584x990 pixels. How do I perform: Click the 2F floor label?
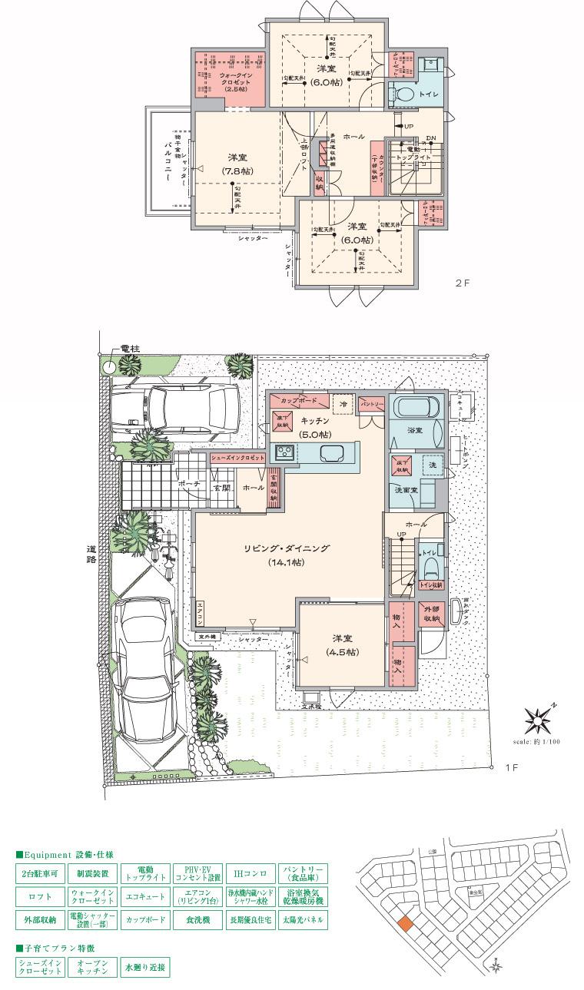pyautogui.click(x=462, y=283)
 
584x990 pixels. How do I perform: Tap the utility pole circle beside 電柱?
pyautogui.click(x=109, y=367)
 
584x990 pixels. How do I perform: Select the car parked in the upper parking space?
pyautogui.click(x=174, y=409)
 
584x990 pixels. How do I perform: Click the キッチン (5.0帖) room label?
pyautogui.click(x=315, y=426)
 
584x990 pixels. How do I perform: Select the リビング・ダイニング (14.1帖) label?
pyautogui.click(x=287, y=555)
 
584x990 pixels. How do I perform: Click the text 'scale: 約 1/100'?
pyautogui.click(x=536, y=742)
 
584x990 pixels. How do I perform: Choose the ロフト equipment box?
pyautogui.click(x=40, y=896)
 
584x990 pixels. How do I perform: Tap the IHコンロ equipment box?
pyautogui.click(x=251, y=873)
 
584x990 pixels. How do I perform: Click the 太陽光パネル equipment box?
pyautogui.click(x=303, y=919)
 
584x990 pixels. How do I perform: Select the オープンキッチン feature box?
pyautogui.click(x=92, y=966)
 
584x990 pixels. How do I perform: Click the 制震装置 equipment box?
pyautogui.click(x=92, y=873)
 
